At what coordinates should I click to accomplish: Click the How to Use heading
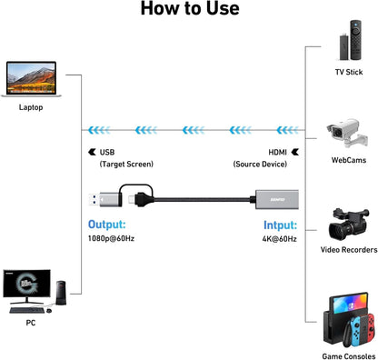[x=188, y=10]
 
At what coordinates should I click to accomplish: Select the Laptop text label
[x=31, y=107]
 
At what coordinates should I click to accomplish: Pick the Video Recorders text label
[x=349, y=248]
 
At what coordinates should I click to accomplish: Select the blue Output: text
[x=107, y=224]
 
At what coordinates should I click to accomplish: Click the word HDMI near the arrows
[x=277, y=152]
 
